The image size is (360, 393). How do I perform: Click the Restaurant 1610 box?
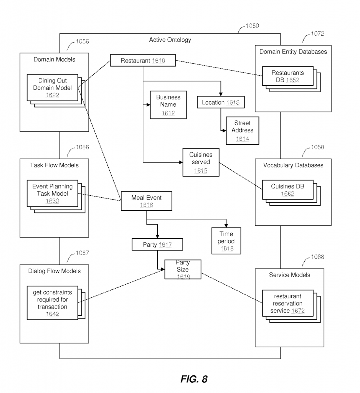143,61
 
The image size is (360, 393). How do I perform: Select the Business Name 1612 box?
168,104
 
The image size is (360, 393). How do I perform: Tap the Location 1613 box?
220,102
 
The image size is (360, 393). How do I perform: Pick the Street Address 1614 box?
242,131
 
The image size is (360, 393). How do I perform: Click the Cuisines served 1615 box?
201,162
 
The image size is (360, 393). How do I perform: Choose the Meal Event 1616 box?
146,201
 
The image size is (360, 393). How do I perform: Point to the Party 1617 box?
157,244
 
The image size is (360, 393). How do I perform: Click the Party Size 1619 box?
183,269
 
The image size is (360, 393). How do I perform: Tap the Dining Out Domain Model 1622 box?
52,88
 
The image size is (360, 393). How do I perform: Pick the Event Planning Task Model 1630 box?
52,193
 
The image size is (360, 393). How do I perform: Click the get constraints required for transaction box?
52,303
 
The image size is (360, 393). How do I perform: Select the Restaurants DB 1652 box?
287,76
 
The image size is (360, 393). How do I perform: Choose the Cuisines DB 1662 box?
287,190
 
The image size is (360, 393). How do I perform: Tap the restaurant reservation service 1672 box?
287,303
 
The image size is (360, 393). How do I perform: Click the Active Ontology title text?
170,40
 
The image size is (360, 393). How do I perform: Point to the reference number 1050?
252,26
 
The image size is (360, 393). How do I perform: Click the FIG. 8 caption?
194,379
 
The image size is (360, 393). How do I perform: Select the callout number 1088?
317,257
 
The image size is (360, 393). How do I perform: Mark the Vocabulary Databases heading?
293,165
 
